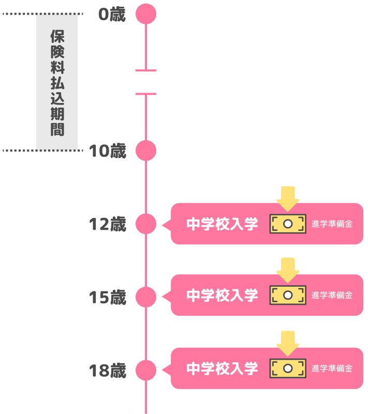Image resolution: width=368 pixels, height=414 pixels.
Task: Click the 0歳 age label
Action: point(112,14)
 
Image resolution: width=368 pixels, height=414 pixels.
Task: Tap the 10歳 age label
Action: point(108,151)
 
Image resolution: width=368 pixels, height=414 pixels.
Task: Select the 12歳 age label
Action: point(108,224)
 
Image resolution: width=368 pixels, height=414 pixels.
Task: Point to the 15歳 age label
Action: point(108,297)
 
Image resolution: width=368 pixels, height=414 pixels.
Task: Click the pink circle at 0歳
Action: point(146,14)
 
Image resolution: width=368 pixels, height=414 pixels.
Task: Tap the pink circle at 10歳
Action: point(146,150)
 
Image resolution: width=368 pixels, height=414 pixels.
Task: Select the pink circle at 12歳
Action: point(146,224)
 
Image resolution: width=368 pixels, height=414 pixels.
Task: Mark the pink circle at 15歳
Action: point(146,297)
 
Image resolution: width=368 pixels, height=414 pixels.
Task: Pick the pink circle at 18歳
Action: point(146,369)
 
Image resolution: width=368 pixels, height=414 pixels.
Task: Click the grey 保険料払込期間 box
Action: point(57,82)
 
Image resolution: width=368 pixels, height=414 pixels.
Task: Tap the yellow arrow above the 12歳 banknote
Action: point(288,198)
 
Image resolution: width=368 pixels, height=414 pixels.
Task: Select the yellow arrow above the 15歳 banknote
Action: point(288,270)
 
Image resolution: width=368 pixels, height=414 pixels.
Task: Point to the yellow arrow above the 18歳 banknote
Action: point(288,343)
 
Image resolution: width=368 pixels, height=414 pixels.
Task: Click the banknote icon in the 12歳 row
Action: point(288,224)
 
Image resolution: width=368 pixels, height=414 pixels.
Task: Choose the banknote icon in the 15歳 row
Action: point(288,295)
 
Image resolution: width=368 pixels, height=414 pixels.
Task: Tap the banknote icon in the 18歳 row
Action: point(288,368)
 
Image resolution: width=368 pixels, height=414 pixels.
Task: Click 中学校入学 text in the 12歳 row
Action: point(222,224)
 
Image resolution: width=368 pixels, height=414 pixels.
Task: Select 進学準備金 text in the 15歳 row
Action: point(332,295)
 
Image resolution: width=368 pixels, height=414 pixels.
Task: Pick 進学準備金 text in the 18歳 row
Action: point(332,368)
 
